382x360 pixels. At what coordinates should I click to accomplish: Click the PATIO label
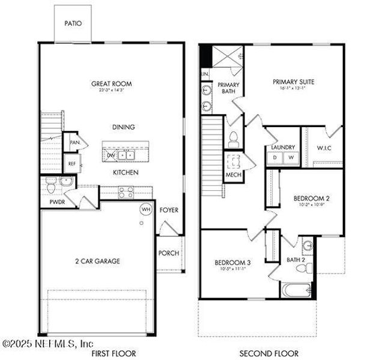[73, 24]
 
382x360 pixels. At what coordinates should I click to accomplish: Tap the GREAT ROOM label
[111, 84]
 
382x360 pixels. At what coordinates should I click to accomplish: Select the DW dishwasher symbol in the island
[111, 155]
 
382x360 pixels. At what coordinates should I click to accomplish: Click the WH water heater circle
[145, 209]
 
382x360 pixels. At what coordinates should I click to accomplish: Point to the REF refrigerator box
[72, 163]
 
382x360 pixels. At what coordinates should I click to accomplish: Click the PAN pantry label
[74, 143]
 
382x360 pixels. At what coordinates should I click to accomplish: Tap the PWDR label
[49, 203]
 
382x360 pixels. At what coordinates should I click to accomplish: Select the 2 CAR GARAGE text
[98, 261]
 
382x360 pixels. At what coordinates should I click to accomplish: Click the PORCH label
[169, 253]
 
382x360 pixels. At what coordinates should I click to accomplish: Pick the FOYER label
[169, 210]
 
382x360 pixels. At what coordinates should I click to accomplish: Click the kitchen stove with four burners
[126, 192]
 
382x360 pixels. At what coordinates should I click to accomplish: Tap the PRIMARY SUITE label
[294, 82]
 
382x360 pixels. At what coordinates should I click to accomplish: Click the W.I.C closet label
[324, 148]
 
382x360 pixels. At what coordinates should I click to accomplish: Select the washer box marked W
[290, 158]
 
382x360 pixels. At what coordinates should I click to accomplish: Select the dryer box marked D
[276, 158]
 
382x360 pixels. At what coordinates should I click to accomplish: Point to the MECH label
[232, 175]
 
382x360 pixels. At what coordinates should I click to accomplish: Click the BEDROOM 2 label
[311, 198]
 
